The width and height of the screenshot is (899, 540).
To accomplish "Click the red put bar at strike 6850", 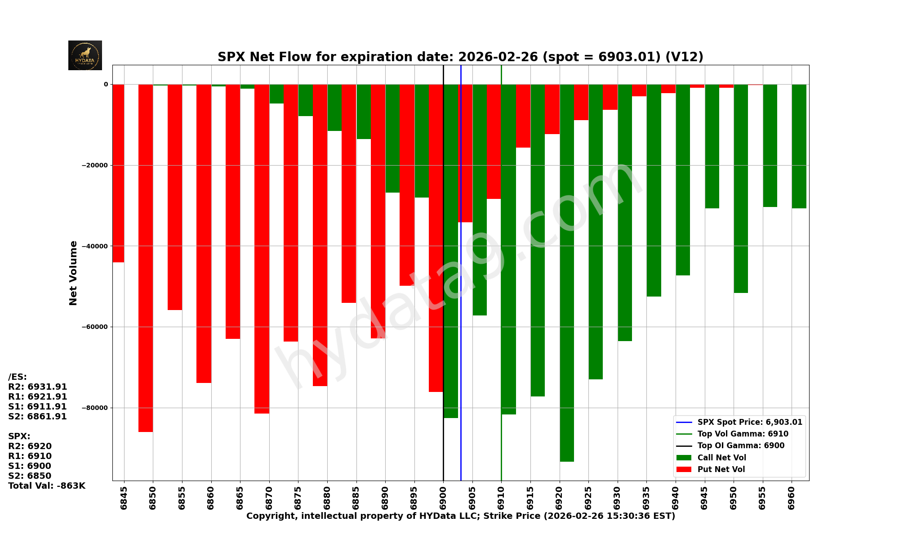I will (146, 258).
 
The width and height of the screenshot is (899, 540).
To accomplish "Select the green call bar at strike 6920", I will (567, 273).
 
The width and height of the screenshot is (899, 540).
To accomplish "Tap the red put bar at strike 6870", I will (262, 249).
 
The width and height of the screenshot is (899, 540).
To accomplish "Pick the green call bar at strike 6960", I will (799, 146).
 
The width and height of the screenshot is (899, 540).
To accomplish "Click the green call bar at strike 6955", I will (770, 145).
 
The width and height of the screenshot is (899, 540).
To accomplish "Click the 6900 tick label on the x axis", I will (443, 497).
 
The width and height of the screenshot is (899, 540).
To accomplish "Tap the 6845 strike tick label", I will (124, 497).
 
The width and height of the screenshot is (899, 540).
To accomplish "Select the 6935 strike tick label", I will (646, 497).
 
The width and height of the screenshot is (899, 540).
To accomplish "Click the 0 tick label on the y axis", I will (106, 84).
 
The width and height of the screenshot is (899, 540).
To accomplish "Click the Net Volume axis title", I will (73, 273).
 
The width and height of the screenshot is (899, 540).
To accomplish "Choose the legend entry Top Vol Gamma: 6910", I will (743, 434).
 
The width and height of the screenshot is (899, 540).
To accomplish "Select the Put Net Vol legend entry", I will (721, 469).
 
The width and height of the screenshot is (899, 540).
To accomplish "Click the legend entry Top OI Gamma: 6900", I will (741, 445).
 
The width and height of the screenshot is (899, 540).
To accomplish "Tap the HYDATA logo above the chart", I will (85, 55).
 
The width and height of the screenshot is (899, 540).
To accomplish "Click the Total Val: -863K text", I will (47, 486).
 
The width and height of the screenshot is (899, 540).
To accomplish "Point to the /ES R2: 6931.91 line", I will (38, 387).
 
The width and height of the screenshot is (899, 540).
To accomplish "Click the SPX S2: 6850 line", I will (30, 476).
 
